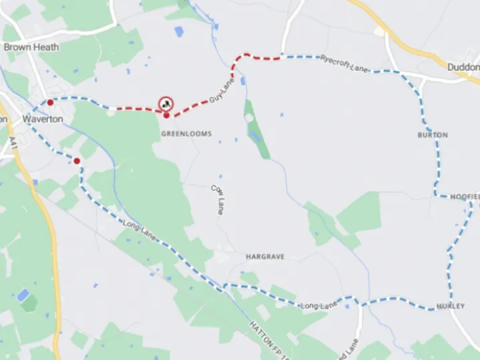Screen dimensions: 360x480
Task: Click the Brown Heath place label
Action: tap(31, 47)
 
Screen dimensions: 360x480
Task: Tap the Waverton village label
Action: tap(43, 119)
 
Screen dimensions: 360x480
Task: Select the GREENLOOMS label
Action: tap(186, 134)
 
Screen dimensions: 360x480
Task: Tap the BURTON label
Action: tap(433, 135)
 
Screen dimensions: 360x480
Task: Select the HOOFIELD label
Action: tap(465, 197)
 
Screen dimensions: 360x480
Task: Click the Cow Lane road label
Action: tap(217, 199)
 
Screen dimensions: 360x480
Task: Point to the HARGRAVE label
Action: tap(265, 257)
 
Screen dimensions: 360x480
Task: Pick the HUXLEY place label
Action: tap(450, 305)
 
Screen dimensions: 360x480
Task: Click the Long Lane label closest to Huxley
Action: tap(319, 305)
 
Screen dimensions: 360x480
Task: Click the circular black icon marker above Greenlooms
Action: tap(165, 103)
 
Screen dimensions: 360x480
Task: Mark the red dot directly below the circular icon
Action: tap(166, 115)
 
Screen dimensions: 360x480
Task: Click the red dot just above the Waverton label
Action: tap(50, 103)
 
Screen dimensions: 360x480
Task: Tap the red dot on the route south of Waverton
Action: tap(77, 161)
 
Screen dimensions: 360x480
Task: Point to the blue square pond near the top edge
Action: tap(179, 31)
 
